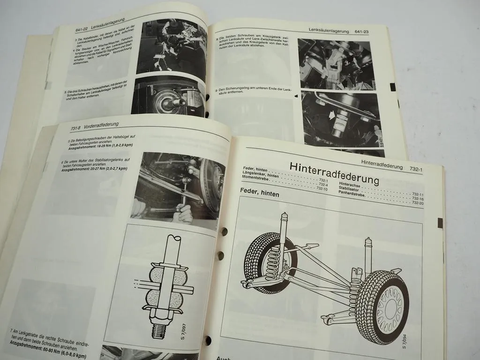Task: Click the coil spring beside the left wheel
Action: click(273, 266)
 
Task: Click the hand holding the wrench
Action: click(181, 213)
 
